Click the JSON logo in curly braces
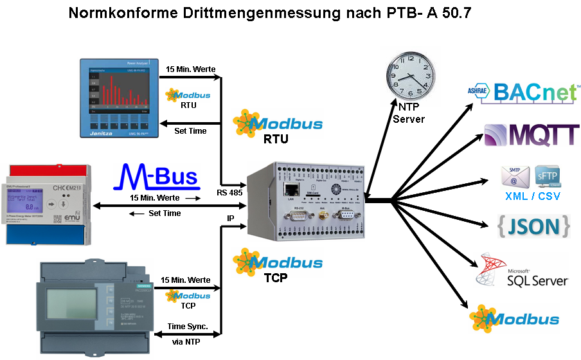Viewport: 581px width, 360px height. point(533,226)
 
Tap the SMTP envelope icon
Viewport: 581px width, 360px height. point(515,175)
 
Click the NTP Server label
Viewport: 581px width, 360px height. point(409,114)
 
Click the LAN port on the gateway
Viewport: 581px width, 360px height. point(289,190)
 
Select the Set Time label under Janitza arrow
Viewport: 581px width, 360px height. point(190,131)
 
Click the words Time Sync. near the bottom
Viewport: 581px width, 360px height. point(186,326)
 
